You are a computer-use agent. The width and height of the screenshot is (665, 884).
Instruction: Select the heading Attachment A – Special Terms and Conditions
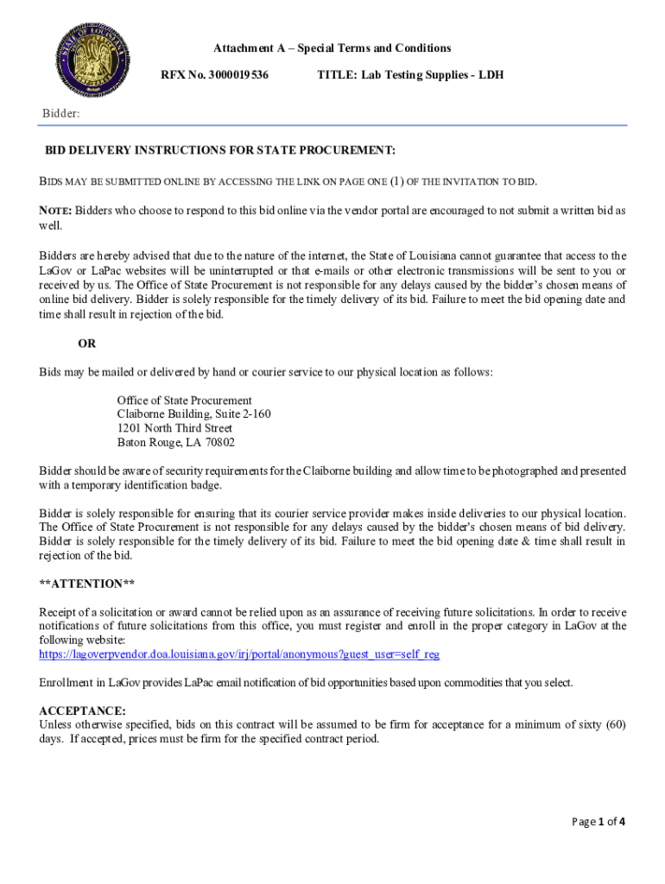332,48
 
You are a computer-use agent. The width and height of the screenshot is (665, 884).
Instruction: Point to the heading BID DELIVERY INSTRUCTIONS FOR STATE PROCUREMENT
220,150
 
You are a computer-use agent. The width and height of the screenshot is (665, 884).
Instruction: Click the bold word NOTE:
55,211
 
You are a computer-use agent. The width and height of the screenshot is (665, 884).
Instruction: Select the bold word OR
87,344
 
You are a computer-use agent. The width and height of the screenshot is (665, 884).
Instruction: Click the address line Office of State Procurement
185,401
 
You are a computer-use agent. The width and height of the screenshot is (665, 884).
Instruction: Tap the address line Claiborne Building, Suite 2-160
193,414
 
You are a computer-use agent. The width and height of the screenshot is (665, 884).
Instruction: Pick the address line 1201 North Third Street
174,428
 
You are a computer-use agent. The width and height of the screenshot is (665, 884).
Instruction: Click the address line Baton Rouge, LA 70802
176,442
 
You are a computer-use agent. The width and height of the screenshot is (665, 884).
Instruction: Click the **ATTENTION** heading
87,584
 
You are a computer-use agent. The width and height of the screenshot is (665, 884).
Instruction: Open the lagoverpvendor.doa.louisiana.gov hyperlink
239,654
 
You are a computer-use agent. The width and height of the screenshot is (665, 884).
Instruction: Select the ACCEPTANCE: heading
82,710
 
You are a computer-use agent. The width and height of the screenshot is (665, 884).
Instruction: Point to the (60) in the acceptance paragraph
615,724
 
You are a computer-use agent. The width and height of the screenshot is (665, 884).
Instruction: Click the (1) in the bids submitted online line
396,181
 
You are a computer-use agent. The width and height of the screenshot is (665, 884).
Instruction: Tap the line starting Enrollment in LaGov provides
306,683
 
